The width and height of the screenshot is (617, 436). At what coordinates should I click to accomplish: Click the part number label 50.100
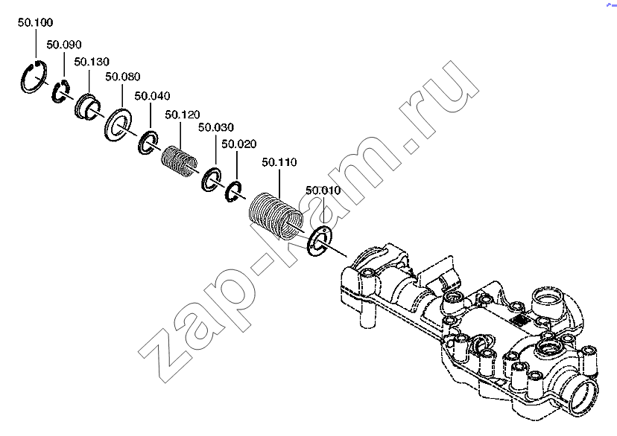tap(36, 22)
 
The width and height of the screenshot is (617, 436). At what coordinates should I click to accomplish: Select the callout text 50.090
tap(64, 45)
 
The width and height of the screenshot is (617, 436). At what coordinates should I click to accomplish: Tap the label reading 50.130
tap(92, 62)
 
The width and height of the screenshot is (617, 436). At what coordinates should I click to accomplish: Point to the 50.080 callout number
tap(123, 77)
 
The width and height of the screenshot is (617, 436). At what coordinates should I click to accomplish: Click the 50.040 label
tap(152, 96)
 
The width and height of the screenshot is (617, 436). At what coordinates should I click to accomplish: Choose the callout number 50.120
tap(183, 115)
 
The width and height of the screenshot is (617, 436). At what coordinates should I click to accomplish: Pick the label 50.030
tap(216, 127)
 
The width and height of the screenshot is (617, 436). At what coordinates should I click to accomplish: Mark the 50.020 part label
tap(239, 144)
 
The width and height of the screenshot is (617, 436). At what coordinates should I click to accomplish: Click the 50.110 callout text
tap(279, 162)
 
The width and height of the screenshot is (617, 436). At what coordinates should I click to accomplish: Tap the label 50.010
tap(323, 190)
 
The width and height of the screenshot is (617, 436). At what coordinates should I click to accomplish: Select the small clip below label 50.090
tap(54, 94)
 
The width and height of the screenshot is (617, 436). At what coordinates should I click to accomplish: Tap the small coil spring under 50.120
tap(180, 161)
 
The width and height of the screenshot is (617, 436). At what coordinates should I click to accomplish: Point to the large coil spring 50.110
tap(276, 216)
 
